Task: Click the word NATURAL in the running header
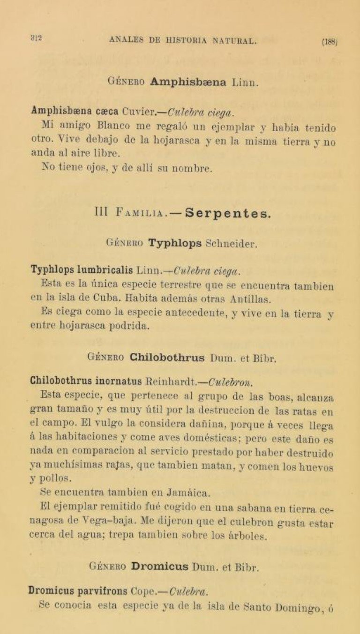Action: [x=233, y=41]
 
